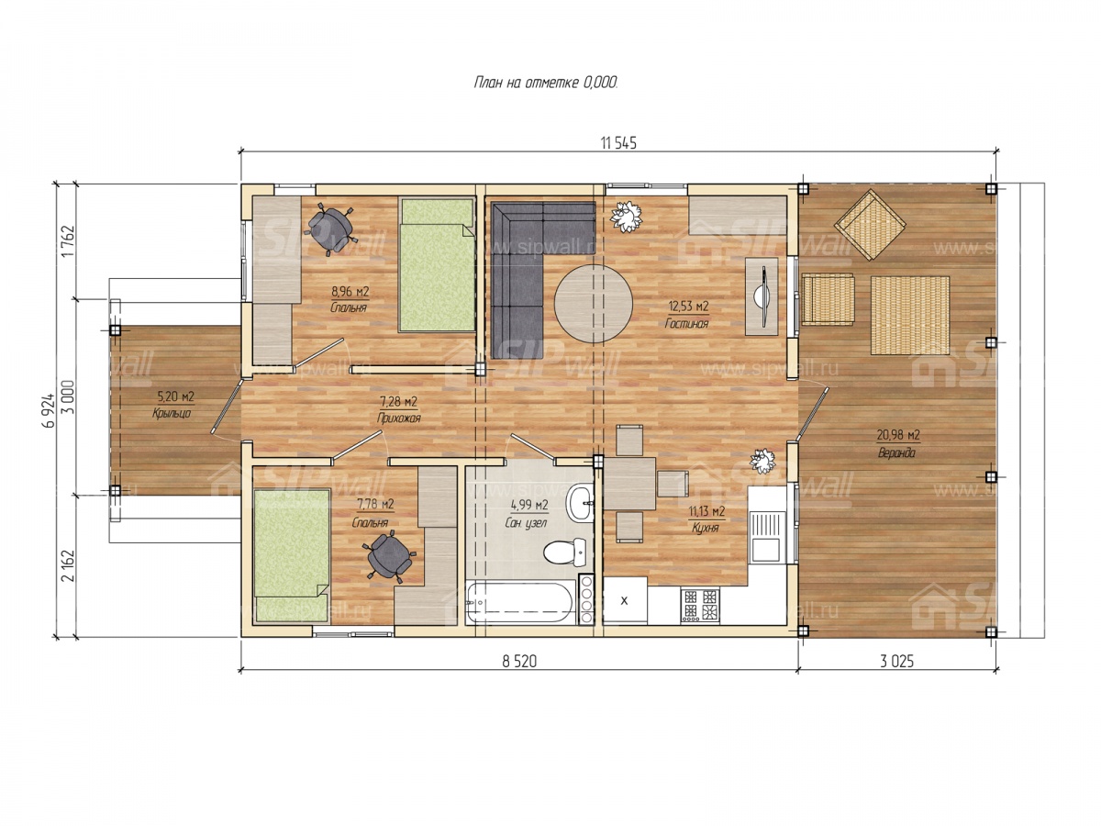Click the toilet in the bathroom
[563, 552]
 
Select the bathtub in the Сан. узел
[520, 602]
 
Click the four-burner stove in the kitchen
[700, 605]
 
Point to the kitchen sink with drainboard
[766, 536]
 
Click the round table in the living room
[593, 304]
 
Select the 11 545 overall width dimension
[618, 143]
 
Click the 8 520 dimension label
[519, 662]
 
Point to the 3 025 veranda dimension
[896, 662]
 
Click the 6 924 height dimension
[50, 409]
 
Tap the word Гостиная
[686, 323]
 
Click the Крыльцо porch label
[172, 413]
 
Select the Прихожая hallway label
[399, 419]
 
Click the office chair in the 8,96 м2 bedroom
[329, 229]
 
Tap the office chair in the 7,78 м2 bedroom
[389, 557]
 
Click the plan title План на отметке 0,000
[546, 83]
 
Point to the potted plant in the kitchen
[762, 461]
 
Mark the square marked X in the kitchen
[625, 600]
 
